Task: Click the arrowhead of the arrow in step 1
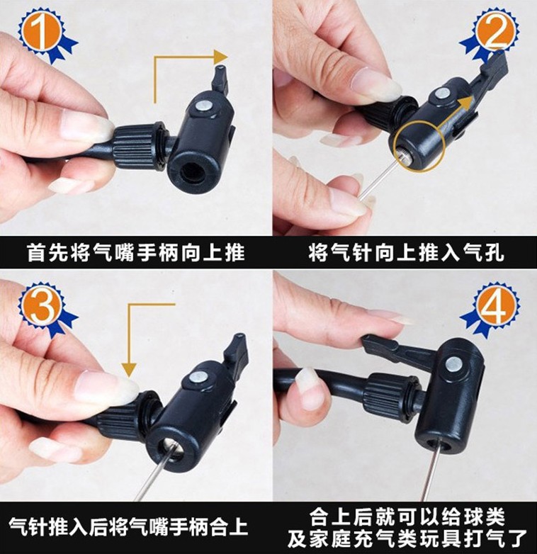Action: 221,57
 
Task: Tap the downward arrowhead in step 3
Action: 130,370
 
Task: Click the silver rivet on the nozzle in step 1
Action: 203,106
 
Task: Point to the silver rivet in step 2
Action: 442,94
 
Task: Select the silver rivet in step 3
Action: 196,378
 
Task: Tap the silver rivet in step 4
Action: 454,365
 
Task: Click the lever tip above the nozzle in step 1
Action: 220,76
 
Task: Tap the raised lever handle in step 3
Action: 236,351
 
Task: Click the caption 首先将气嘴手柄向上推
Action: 136,253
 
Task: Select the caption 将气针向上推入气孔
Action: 406,253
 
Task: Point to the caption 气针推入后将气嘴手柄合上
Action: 128,526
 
